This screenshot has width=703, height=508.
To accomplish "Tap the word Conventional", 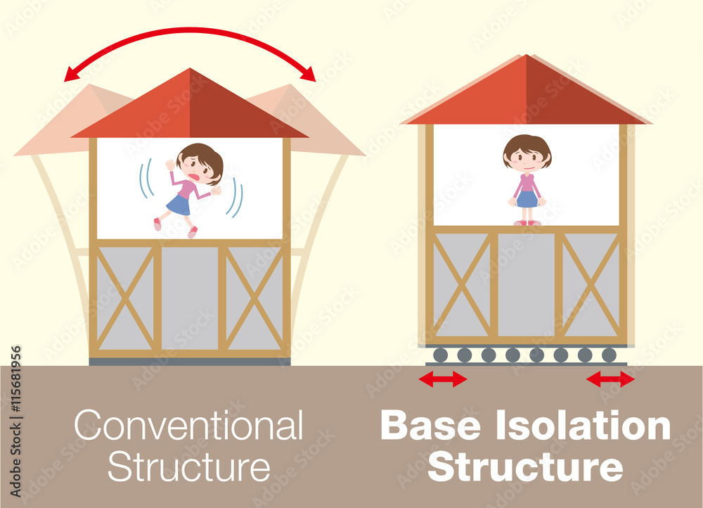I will (188, 426).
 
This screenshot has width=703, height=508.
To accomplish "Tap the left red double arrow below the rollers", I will (442, 379).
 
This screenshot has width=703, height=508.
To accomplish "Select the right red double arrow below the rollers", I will (610, 379).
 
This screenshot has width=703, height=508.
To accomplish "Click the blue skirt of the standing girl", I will (527, 199).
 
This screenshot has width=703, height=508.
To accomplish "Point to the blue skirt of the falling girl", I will (179, 205).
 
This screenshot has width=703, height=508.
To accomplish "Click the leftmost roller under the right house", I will (440, 355).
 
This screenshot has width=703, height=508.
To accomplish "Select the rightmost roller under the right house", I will (609, 355).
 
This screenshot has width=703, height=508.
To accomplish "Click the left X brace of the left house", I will (125, 298).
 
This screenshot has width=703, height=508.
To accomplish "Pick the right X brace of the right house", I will (591, 284).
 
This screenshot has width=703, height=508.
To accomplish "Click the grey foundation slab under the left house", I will (190, 362).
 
